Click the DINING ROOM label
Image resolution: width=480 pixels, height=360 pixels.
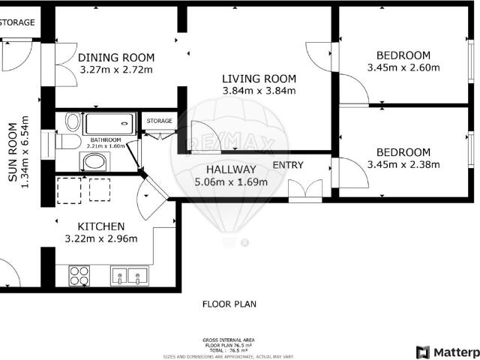116,58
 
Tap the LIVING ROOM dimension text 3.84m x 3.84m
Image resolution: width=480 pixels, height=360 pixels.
259,91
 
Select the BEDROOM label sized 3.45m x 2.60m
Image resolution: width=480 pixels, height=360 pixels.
403,55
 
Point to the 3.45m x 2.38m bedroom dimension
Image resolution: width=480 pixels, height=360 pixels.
403,165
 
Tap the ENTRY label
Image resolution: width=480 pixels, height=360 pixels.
288,165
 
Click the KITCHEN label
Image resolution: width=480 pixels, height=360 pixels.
101,226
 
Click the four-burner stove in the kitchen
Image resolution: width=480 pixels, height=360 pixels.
79,276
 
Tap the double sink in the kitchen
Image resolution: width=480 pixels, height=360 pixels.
128,276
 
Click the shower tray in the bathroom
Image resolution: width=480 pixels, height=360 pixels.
109,123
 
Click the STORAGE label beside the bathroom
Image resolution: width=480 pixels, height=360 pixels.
159,121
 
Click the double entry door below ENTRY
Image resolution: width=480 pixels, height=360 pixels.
304,191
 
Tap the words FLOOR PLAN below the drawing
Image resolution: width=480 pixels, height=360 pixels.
229,304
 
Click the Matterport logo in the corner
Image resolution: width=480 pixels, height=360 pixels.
447,352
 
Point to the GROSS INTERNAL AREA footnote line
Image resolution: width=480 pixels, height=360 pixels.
229,340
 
